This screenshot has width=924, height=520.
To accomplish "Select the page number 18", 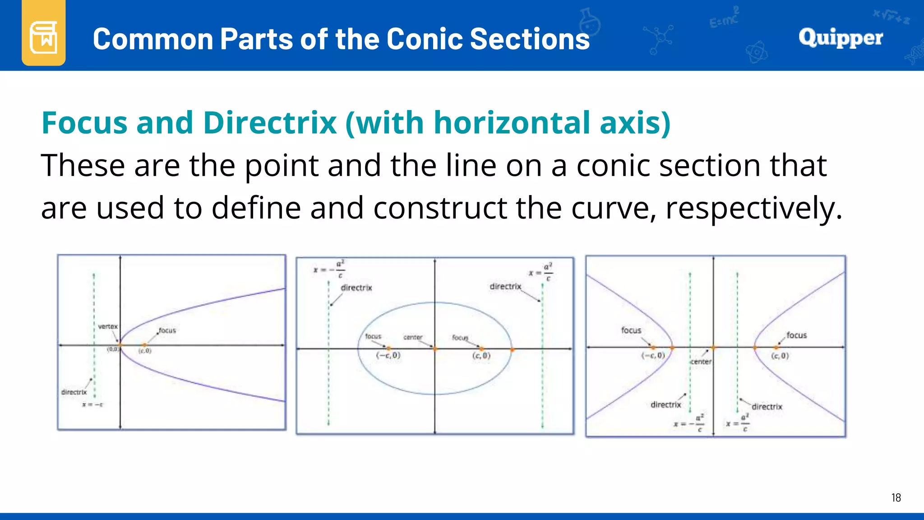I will (x=896, y=498).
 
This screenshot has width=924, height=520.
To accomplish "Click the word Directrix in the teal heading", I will (x=270, y=123).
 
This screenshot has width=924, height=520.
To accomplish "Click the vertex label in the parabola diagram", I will (x=108, y=326).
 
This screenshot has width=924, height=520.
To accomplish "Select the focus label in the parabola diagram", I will (x=167, y=330).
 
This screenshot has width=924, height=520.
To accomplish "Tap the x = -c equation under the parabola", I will (x=92, y=404).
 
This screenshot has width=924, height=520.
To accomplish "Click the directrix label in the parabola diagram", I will (x=74, y=392).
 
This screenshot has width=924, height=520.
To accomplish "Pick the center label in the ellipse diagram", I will (x=413, y=337).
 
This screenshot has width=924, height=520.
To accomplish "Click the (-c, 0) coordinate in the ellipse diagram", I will (x=388, y=356).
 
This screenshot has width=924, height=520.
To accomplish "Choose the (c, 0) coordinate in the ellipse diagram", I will (x=481, y=356).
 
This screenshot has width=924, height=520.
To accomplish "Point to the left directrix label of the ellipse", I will (x=356, y=288).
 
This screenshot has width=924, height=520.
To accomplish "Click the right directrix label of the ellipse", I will (x=505, y=287).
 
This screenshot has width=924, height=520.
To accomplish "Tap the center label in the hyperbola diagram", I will (x=701, y=362).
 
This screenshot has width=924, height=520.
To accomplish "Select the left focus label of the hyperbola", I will (x=631, y=330).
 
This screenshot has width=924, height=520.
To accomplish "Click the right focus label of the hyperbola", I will (x=796, y=335).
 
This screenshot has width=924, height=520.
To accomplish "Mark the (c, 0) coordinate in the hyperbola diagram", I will (x=780, y=356).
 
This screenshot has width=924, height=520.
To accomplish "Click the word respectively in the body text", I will (x=754, y=209).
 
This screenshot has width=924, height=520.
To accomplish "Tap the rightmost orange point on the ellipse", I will (x=513, y=349).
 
